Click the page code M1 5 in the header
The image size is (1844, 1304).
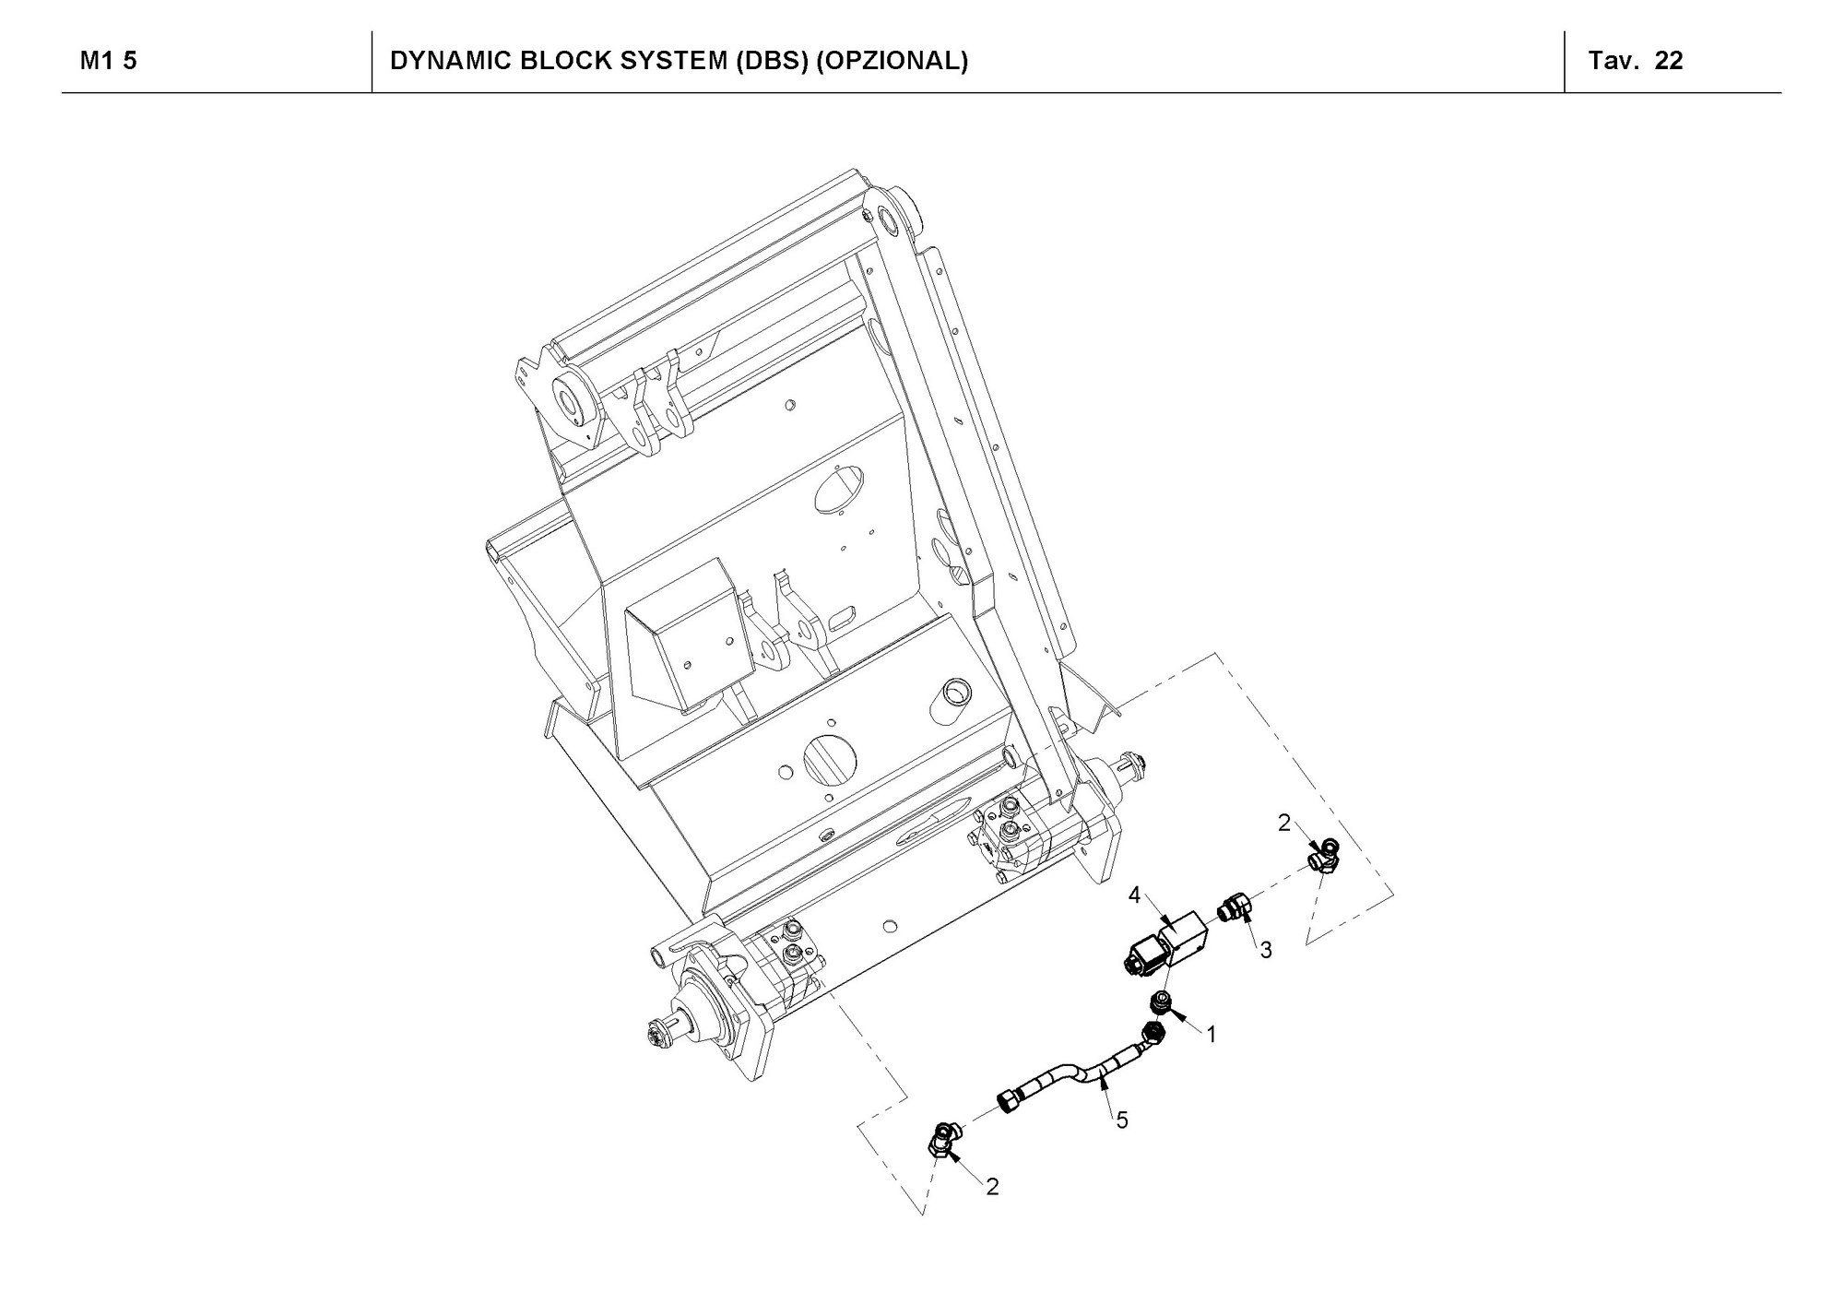point(108,61)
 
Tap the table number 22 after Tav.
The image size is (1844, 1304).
point(1669,61)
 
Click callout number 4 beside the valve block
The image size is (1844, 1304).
point(1134,895)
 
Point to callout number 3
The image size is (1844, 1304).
point(1266,949)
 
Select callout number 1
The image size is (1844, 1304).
point(1212,1035)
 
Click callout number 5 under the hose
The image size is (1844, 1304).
point(1122,1120)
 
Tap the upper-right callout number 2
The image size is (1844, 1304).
point(1284,824)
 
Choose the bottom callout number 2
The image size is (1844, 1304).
point(992,1187)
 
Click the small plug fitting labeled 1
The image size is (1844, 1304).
point(1161,1002)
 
